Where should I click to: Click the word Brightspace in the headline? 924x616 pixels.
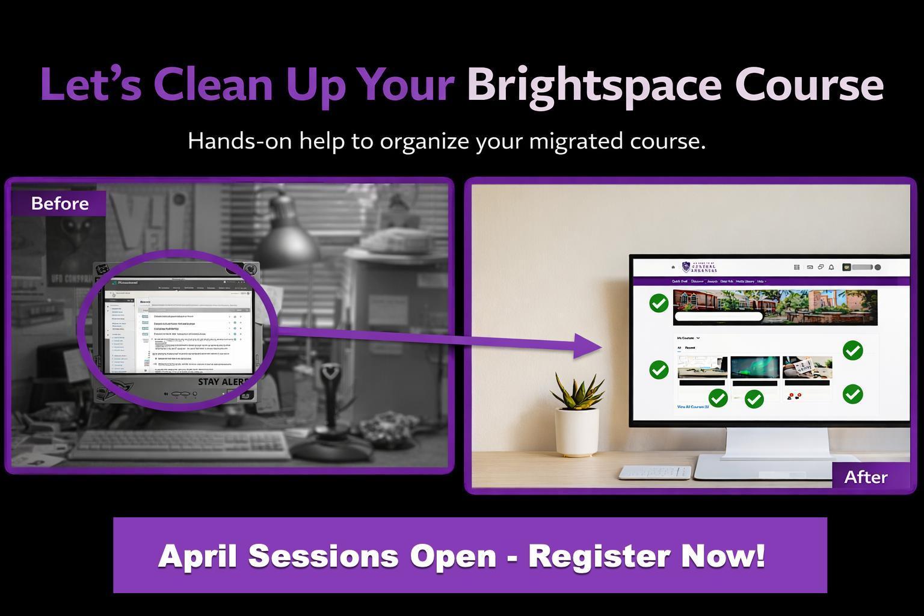tap(594, 85)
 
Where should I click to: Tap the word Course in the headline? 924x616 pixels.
tap(809, 85)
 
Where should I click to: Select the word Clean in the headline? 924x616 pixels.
tap(214, 85)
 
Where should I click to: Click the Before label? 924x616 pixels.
tap(60, 203)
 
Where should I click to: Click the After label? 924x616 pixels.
tap(866, 477)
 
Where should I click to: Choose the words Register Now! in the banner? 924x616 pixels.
tap(647, 556)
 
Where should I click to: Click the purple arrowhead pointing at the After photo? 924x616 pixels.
tap(587, 346)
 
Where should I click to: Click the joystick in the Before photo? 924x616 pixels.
tap(330, 409)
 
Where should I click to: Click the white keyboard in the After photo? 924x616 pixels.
tap(654, 472)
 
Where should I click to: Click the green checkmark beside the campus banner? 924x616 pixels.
tap(659, 303)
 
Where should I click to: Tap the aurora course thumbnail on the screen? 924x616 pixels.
tap(754, 367)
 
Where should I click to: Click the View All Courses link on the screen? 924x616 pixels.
tap(693, 407)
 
